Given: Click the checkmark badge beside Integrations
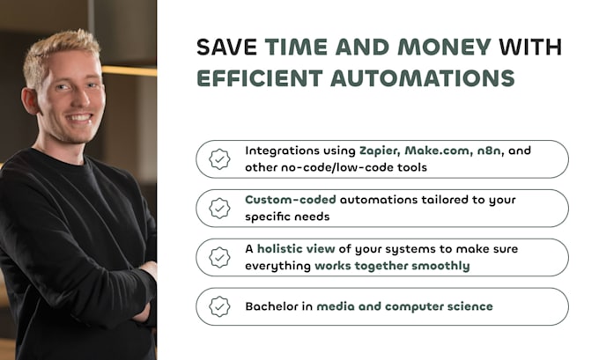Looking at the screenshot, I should [x=219, y=159].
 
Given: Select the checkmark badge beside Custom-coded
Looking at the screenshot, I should [x=219, y=209].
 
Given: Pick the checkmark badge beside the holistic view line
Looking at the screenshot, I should [x=219, y=258].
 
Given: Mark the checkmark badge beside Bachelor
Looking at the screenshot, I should [x=219, y=306].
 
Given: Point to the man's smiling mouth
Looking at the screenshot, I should [x=80, y=116].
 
